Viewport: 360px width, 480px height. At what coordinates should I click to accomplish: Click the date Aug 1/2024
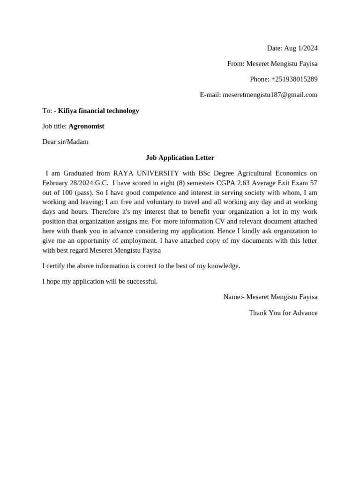tap(300, 48)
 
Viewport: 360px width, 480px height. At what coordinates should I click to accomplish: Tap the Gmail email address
tap(270, 95)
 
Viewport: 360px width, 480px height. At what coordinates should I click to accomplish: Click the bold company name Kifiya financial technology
tap(98, 111)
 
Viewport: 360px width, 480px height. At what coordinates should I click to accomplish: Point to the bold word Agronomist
tap(86, 126)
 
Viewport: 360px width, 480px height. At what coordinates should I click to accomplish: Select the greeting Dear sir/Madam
tap(65, 142)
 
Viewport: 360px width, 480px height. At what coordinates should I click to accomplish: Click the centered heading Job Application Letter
tap(180, 157)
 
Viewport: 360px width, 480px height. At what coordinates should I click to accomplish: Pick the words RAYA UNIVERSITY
tap(146, 173)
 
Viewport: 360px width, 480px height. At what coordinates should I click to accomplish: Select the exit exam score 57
tap(313, 183)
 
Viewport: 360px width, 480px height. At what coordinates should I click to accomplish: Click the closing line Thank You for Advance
tap(283, 313)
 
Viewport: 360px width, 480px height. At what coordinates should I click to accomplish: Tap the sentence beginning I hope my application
tap(100, 281)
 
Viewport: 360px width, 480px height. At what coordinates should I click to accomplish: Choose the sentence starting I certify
tap(141, 266)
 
